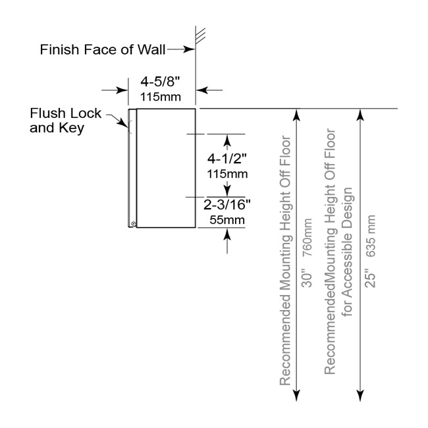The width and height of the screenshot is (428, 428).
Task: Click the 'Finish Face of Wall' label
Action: [x=103, y=49]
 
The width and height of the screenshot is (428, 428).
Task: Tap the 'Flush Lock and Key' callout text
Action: [x=66, y=120]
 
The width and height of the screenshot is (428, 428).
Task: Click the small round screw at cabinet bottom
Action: [x=134, y=224]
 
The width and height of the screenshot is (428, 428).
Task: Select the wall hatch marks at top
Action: [x=201, y=33]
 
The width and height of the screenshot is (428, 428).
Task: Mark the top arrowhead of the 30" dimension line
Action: [x=297, y=115]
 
